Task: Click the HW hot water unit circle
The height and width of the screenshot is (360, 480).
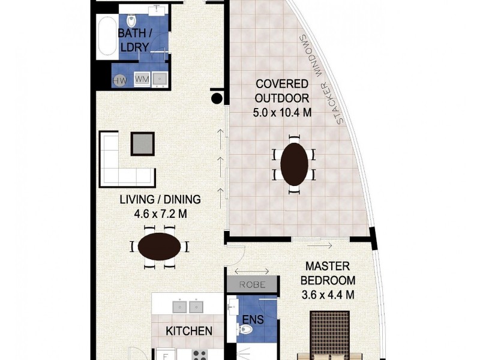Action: click(119, 80)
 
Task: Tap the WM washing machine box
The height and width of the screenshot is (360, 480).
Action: click(142, 79)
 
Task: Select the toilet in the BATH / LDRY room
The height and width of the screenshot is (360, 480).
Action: click(131, 20)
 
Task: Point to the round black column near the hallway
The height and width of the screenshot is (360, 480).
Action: click(217, 98)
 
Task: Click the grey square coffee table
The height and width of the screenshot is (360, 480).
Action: click(143, 144)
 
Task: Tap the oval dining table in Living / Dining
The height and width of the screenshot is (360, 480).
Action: click(159, 247)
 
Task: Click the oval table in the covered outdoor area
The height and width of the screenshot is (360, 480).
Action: click(294, 164)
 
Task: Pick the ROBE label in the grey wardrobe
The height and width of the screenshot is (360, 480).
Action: click(252, 284)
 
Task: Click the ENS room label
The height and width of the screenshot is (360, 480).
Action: click(253, 319)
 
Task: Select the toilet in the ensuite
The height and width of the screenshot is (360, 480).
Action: click(244, 329)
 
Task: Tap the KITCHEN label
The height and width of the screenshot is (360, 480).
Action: click(189, 331)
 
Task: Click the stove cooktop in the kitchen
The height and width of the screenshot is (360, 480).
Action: click(200, 355)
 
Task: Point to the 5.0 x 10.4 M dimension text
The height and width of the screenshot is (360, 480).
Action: click(282, 113)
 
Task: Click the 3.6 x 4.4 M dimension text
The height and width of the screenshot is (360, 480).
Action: click(328, 295)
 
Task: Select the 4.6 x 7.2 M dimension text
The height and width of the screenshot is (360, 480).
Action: click(160, 214)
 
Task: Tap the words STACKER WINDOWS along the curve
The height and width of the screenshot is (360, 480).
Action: click(321, 79)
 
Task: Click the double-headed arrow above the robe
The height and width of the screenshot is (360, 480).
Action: click(251, 271)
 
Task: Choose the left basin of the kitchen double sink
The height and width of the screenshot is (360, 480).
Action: click(179, 307)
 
